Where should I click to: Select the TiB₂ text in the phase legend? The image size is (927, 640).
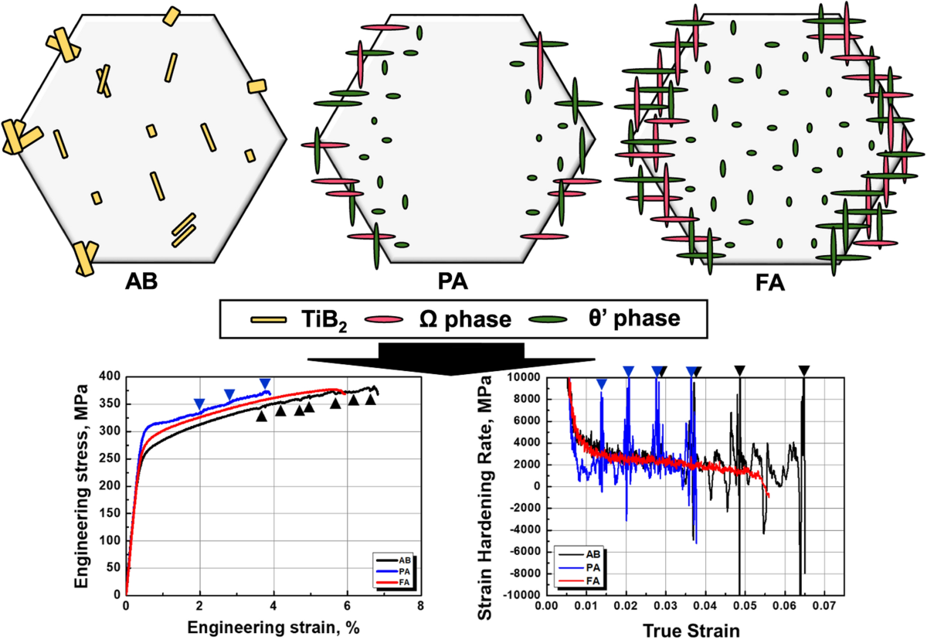(x=313, y=319)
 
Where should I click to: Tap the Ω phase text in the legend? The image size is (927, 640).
(x=465, y=319)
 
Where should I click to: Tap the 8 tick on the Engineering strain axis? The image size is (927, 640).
(x=420, y=608)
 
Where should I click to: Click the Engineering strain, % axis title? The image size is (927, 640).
(x=272, y=628)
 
